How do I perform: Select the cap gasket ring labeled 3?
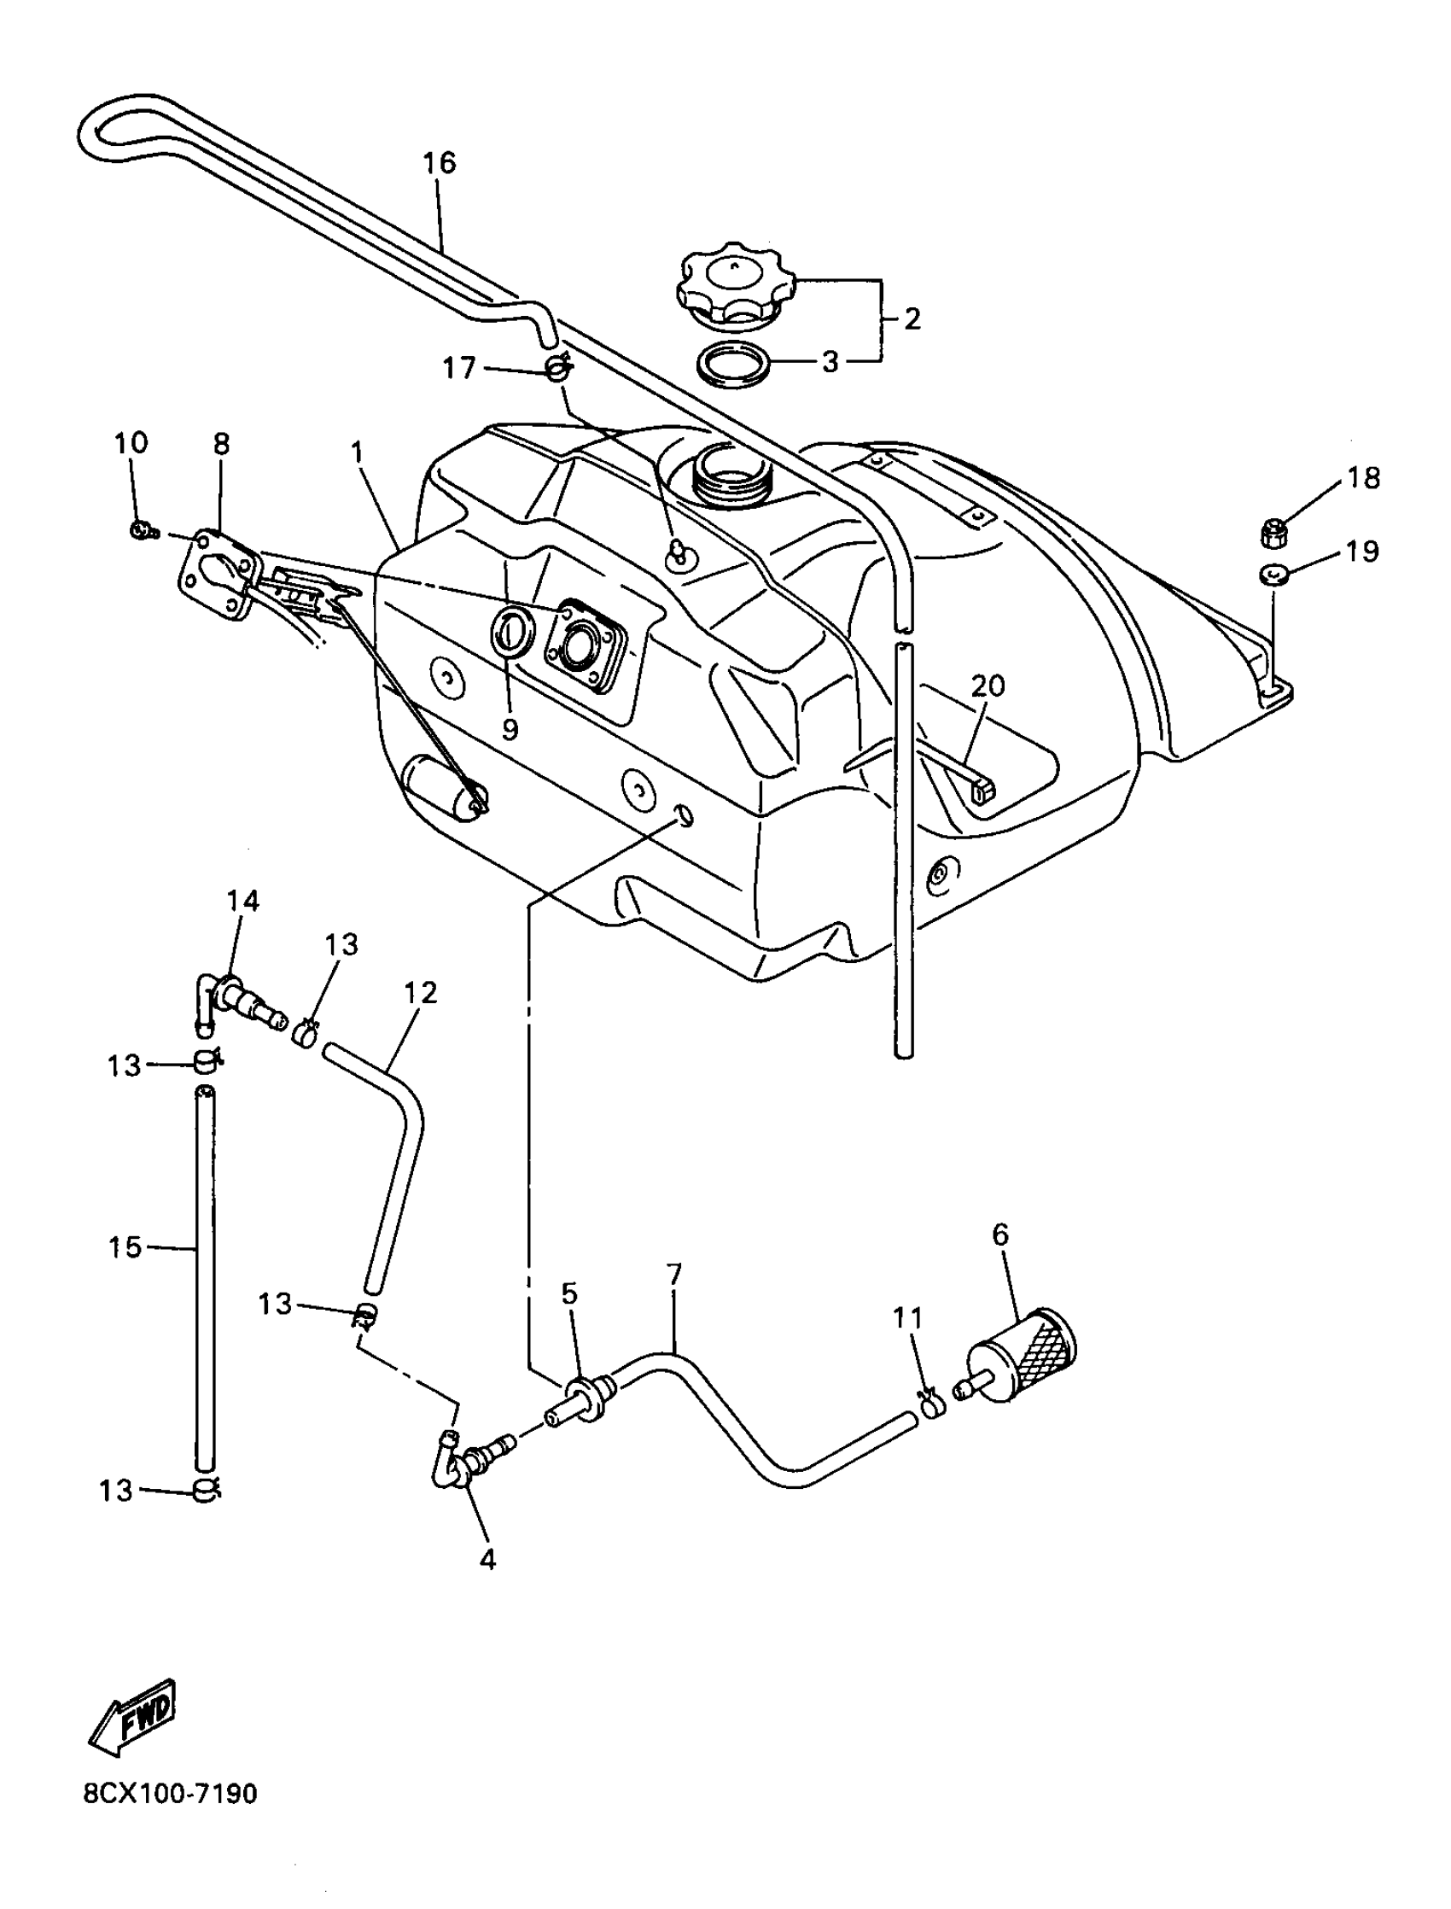pos(734,367)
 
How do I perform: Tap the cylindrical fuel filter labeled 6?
pos(1026,1363)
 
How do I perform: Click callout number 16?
pos(440,162)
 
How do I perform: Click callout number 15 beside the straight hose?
pos(125,1246)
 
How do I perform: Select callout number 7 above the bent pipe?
pos(674,1274)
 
